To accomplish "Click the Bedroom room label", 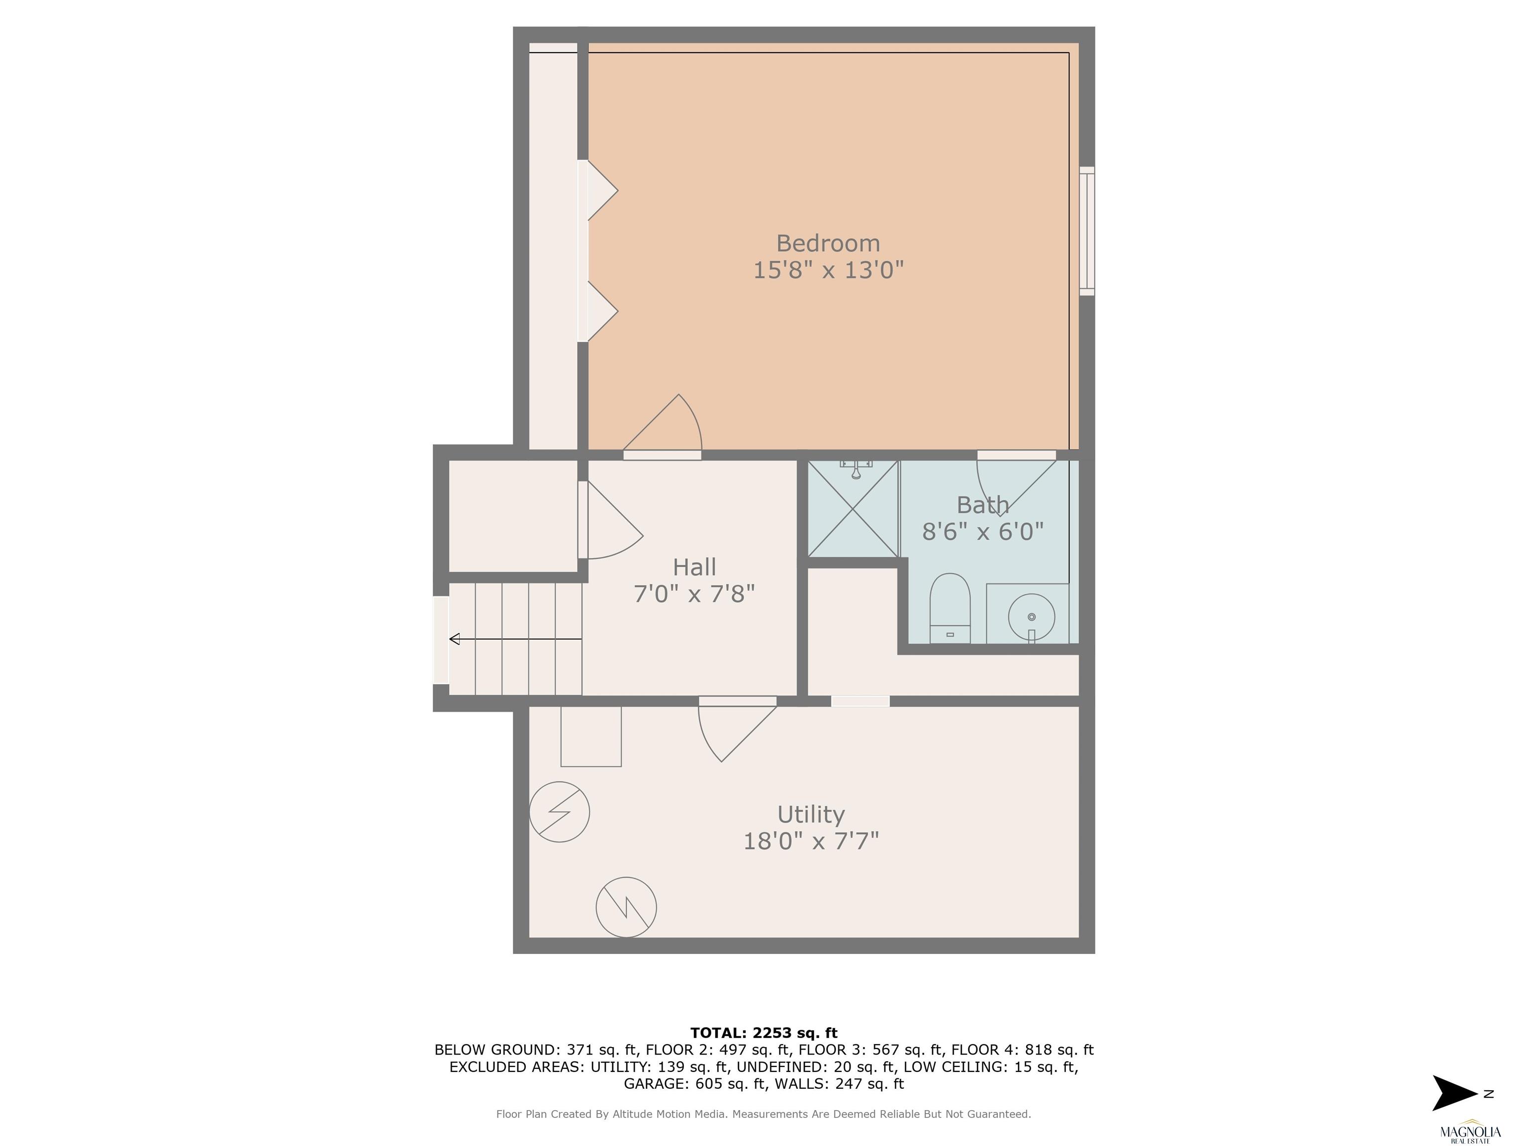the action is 828,243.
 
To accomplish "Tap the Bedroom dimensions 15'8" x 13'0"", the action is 828,270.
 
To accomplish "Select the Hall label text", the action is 694,567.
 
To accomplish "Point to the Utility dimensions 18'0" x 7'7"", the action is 811,841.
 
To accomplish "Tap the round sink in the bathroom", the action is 1031,617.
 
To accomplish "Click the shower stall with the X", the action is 853,508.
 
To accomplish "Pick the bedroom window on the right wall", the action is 1087,231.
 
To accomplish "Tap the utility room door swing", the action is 737,731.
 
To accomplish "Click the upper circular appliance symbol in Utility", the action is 560,812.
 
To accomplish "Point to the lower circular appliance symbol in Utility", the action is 626,907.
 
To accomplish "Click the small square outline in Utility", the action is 590,736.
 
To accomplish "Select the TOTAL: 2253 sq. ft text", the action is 764,1033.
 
